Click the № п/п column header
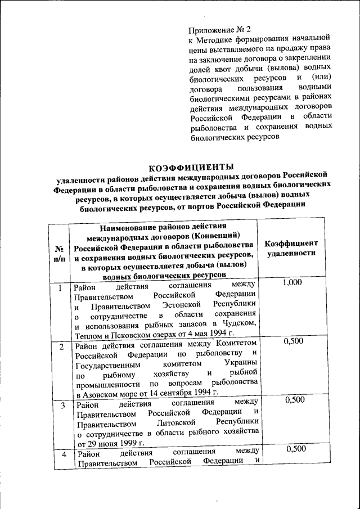tap(58, 253)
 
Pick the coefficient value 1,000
tap(292, 283)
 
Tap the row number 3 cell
tap(63, 405)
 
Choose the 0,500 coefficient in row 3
tap(295, 400)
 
